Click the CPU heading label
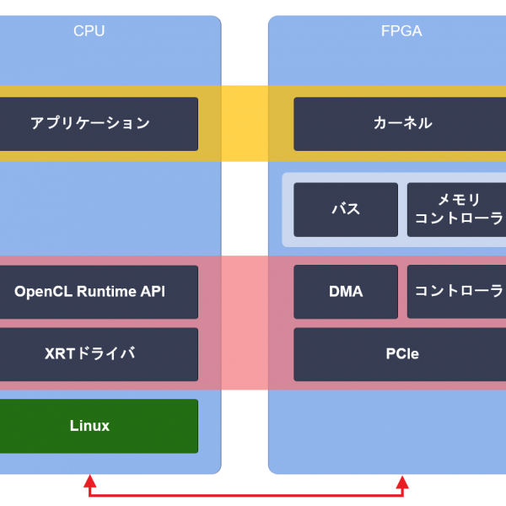[89, 31]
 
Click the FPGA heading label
[401, 31]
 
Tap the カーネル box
[402, 123]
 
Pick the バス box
[346, 209]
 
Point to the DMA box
[346, 292]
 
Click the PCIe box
[402, 354]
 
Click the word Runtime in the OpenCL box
[105, 292]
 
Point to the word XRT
[60, 354]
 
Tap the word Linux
[90, 426]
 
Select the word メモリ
[459, 200]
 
